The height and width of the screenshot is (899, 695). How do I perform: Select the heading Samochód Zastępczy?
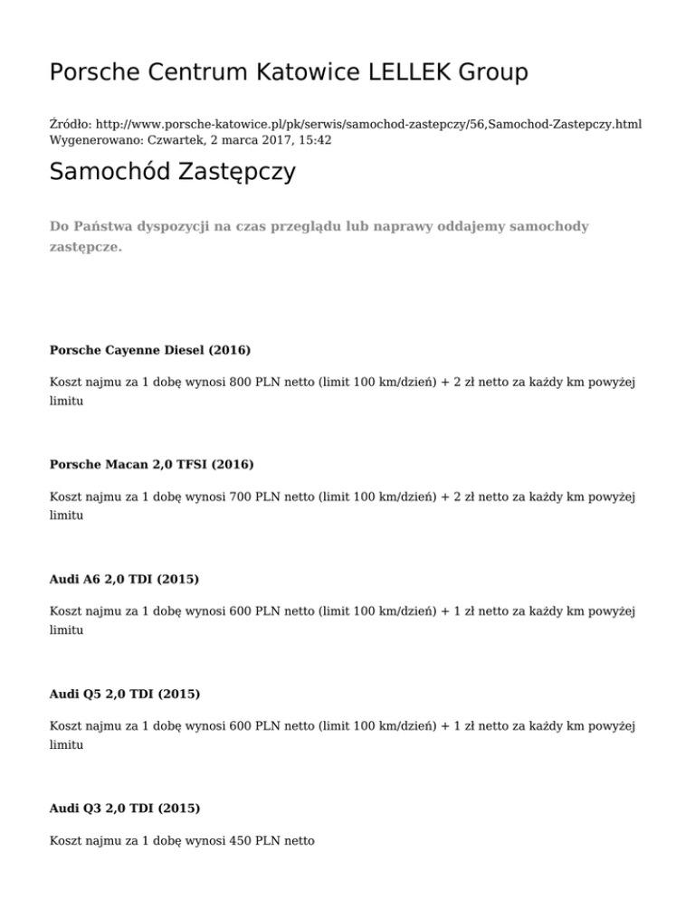click(173, 172)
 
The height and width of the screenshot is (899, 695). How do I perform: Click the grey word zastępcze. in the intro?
click(85, 246)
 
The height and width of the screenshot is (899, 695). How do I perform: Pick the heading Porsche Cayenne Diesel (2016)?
click(150, 349)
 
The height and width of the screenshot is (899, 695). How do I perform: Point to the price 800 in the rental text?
click(242, 383)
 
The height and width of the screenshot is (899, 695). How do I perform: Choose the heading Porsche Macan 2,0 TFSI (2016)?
click(152, 464)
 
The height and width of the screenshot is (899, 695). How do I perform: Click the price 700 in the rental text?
click(242, 498)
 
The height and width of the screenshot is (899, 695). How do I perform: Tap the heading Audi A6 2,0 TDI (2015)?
click(125, 579)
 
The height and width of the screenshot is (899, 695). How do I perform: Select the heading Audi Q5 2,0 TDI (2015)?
click(125, 694)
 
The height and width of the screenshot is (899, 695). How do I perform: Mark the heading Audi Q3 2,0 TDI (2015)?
click(125, 807)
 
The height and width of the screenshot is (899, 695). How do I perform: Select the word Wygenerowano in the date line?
click(91, 140)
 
